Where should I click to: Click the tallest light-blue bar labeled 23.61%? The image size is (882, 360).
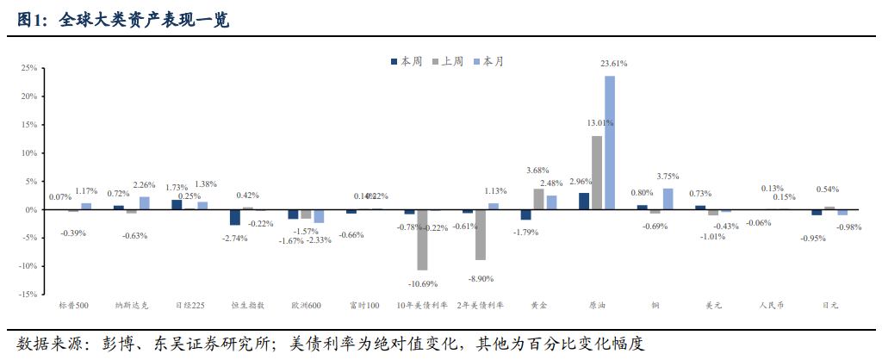[x=610, y=142]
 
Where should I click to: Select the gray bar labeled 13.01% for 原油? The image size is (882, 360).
[x=597, y=172]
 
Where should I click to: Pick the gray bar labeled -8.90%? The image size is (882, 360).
[x=481, y=234]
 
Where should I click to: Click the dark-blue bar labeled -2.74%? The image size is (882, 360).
[x=235, y=217]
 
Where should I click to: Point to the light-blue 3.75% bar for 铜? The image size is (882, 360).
[x=668, y=199]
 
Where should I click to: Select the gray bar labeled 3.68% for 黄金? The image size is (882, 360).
[x=538, y=199]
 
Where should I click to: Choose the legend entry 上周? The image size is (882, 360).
[x=451, y=61]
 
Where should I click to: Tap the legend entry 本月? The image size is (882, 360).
[x=493, y=61]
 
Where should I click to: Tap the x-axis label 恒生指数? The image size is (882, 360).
[x=248, y=305]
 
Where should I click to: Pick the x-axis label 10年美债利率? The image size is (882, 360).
[x=422, y=305]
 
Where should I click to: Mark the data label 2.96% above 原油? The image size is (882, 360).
[x=580, y=182]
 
